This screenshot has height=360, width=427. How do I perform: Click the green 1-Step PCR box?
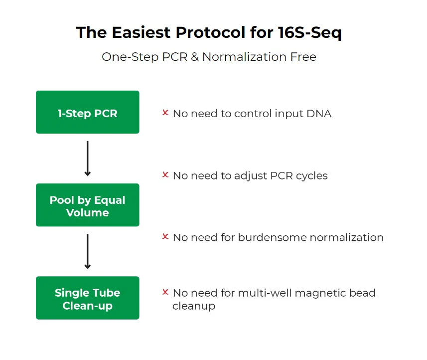[x=87, y=112]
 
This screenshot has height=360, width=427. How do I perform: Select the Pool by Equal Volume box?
[x=87, y=205]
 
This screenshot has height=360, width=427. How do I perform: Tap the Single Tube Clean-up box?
[x=87, y=298]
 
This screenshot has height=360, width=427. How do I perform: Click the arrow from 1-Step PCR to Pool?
[x=87, y=159]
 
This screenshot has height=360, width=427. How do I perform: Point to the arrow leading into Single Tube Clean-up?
[x=87, y=251]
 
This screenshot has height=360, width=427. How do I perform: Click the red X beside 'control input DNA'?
[x=165, y=112]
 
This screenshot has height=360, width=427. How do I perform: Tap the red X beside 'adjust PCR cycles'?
[x=165, y=175]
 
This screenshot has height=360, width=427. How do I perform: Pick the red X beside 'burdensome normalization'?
[x=165, y=236]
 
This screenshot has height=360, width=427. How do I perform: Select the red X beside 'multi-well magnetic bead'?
[x=165, y=292]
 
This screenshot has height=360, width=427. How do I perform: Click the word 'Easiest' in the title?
[x=141, y=32]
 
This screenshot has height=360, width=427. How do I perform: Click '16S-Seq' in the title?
[x=309, y=33]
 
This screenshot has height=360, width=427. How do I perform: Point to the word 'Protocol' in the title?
[x=210, y=32]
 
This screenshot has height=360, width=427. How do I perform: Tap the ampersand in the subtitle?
[x=195, y=57]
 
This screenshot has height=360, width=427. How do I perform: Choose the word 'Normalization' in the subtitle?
[x=245, y=57]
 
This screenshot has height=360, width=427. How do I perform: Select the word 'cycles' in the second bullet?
[x=312, y=176]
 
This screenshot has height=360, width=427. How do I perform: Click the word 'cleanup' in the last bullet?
[x=194, y=306]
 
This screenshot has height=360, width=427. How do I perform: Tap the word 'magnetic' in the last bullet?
[x=320, y=293]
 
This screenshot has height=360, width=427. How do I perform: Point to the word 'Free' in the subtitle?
[x=303, y=57]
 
